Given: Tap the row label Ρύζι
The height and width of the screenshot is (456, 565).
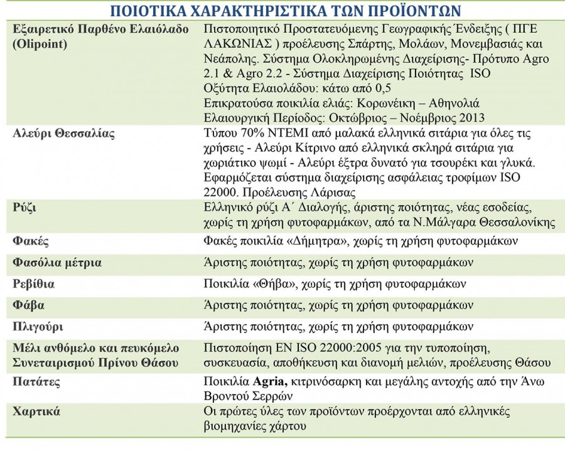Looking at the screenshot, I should click(x=24, y=207).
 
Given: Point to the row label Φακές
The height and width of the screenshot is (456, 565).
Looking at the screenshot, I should click(x=31, y=241).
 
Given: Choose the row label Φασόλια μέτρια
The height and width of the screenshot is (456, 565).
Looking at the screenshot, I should click(x=57, y=262).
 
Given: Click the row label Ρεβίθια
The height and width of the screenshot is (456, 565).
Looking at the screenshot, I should click(x=34, y=284).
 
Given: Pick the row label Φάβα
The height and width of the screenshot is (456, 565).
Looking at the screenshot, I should click(x=29, y=305).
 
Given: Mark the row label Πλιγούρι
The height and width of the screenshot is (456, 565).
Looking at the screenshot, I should click(x=38, y=326).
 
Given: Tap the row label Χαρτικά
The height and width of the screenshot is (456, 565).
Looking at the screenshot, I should click(x=36, y=411).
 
